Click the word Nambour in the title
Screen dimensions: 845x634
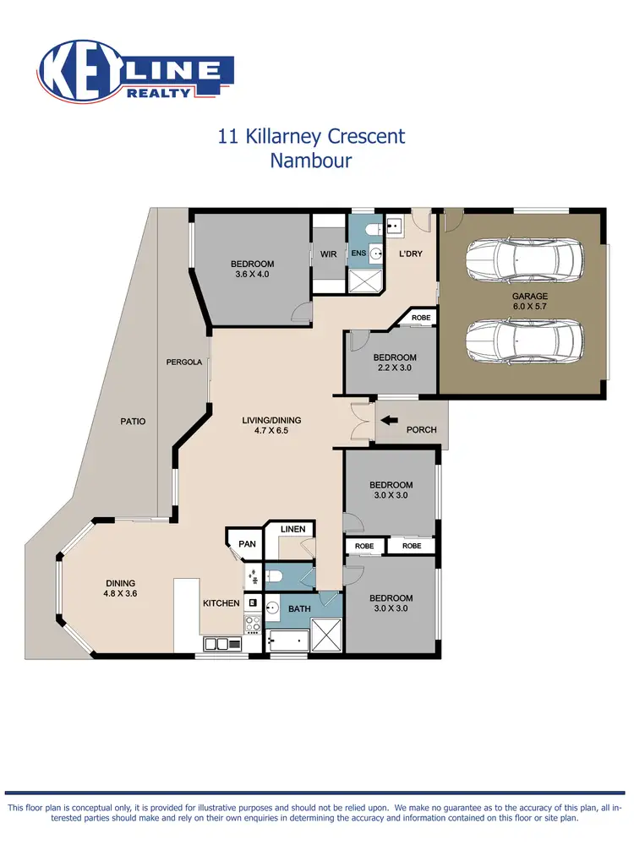pos(310,161)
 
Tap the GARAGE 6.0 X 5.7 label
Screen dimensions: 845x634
pos(529,302)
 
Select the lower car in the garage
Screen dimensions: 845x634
pos(524,340)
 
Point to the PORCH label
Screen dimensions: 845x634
pos(422,430)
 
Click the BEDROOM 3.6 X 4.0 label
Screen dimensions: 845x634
pos(253,269)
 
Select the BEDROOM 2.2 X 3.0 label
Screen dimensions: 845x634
pos(395,363)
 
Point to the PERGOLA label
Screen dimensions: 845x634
pos(183,363)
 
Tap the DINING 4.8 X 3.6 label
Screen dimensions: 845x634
pos(121,588)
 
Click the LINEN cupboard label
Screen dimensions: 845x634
pos(292,529)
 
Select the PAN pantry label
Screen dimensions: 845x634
pos(247,544)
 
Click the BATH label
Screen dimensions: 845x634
pos(299,608)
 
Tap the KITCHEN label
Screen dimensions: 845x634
pos(221,603)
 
